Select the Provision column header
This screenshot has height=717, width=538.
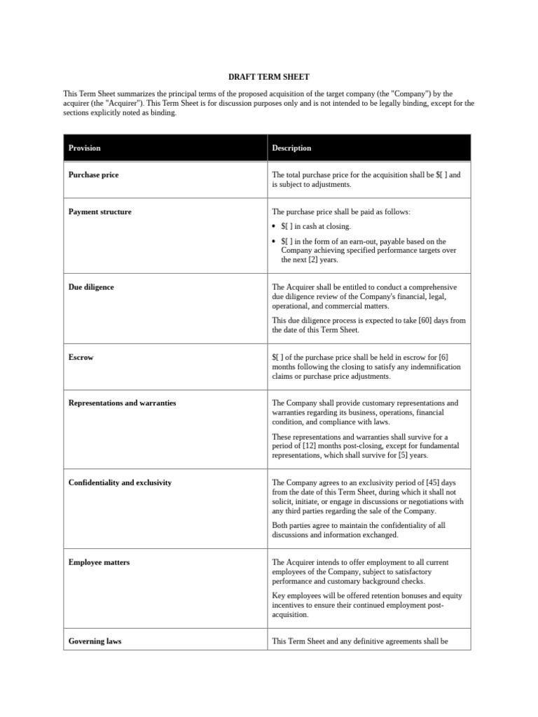[84, 148]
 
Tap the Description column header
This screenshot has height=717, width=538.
[291, 148]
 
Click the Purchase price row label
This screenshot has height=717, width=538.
[93, 175]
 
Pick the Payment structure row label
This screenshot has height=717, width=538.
[99, 211]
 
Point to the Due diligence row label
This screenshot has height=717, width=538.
[91, 287]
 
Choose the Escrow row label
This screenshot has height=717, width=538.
[81, 357]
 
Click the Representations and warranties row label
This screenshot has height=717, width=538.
[122, 403]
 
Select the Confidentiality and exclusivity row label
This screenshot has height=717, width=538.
[120, 482]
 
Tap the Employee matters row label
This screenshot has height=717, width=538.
[99, 562]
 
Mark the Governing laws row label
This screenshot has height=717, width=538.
[95, 641]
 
